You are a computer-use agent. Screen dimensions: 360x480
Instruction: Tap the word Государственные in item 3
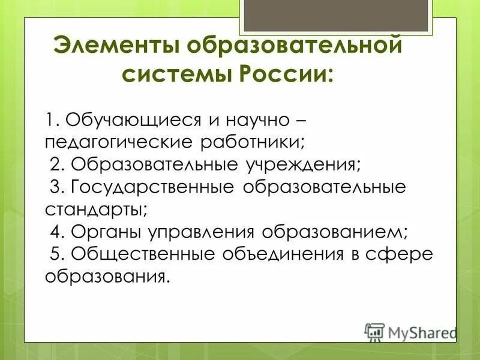point(152,186)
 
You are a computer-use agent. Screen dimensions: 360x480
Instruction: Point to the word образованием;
point(341,231)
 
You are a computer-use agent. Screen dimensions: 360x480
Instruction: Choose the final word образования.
point(104,275)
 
